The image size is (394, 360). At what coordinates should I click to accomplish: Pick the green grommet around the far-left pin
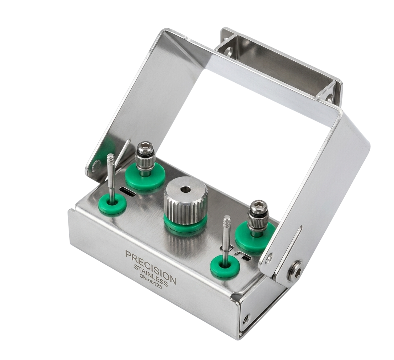pyautogui.click(x=112, y=204)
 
